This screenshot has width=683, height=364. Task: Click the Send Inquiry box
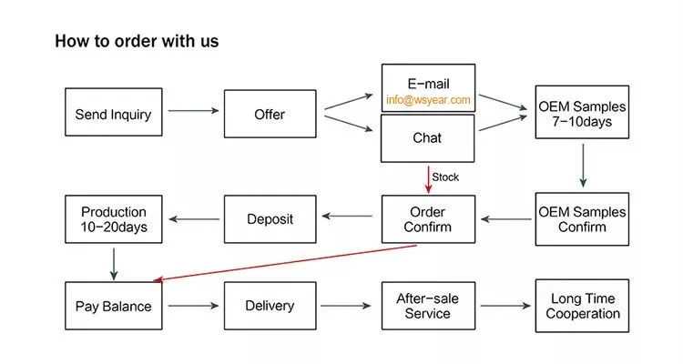coord(114,114)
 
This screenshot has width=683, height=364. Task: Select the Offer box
coord(270,114)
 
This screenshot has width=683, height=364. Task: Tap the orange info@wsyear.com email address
coord(428,100)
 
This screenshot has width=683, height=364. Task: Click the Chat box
coord(428,138)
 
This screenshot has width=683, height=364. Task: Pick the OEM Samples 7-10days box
coord(582,114)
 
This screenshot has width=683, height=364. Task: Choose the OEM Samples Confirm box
coord(582,219)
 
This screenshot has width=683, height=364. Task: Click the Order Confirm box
coord(428,219)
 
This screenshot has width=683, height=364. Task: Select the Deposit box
coord(270,219)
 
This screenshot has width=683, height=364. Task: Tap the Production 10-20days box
coord(114,219)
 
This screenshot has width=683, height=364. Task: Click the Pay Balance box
coord(114,306)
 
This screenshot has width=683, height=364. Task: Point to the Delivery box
coord(270,306)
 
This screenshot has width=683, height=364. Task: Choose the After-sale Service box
coord(428,306)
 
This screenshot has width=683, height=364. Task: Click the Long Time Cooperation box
coord(582,306)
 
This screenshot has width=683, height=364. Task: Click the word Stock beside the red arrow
coord(445,177)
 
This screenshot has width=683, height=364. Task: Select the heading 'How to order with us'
coord(137,41)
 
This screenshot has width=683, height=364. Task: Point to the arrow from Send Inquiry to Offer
coord(193,111)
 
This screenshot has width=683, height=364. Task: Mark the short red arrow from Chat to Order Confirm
coord(428,178)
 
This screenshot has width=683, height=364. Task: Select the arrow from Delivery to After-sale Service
coord(348,306)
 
